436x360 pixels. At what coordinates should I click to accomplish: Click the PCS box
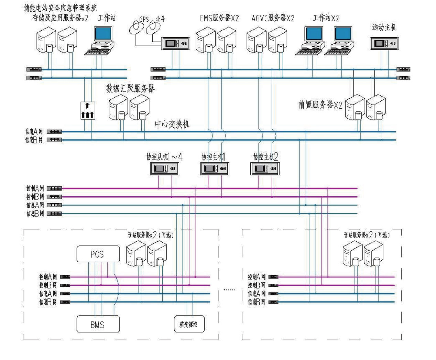[98, 254]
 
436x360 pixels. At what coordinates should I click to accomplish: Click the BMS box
[98, 324]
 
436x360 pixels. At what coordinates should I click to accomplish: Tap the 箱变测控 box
[189, 324]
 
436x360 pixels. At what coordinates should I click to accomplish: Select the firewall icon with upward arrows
[88, 110]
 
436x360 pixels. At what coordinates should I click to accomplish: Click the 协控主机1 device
[215, 168]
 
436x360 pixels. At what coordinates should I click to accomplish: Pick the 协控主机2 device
[265, 168]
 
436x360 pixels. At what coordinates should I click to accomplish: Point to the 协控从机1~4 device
[164, 168]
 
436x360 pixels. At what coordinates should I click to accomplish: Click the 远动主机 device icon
[384, 43]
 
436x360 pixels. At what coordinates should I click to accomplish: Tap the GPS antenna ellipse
[136, 27]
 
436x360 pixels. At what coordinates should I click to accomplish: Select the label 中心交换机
[172, 124]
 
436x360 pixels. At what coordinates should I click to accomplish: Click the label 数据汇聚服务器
[130, 89]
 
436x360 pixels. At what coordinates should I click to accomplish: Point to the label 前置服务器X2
[320, 105]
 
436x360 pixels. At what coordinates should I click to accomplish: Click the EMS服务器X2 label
[219, 18]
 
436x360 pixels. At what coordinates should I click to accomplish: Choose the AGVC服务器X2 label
[273, 18]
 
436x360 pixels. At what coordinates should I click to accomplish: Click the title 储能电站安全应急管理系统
[61, 8]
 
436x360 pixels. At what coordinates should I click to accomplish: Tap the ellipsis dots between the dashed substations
[230, 290]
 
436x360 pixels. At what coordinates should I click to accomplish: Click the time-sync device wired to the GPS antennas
[175, 43]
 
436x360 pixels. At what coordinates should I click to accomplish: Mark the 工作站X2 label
[326, 18]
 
